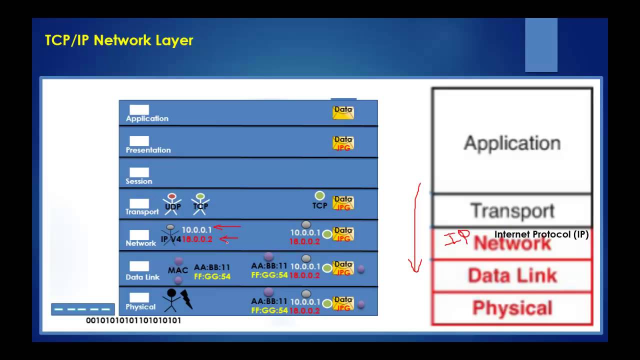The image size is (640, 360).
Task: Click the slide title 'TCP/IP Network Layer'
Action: (x=119, y=40)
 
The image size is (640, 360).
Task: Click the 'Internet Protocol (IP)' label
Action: (x=541, y=234)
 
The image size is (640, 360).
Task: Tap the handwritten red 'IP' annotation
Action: (x=456, y=238)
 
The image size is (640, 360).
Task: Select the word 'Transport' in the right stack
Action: (x=512, y=210)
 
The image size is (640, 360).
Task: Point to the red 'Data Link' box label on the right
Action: (x=512, y=275)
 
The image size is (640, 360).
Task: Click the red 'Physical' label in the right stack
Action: (x=512, y=308)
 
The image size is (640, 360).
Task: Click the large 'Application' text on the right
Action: (x=512, y=143)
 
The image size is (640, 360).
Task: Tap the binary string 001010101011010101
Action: (x=133, y=320)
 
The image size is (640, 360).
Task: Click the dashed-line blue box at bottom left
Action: (x=83, y=309)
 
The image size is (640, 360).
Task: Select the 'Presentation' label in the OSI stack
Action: (x=148, y=150)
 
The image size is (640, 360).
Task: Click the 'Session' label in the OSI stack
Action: (x=139, y=181)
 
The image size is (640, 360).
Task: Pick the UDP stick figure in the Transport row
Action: (x=172, y=203)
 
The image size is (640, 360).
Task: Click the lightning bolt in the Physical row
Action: (x=186, y=298)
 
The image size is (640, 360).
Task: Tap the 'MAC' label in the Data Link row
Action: (x=178, y=270)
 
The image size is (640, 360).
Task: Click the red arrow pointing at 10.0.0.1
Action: (x=227, y=227)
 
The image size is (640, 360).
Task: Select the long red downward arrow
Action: (x=415, y=227)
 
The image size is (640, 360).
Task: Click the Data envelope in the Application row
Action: (x=343, y=112)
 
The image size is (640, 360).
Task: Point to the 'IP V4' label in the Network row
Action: (x=171, y=239)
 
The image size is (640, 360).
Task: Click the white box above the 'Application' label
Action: (x=139, y=110)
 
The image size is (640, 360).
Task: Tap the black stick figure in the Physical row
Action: (x=171, y=299)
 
